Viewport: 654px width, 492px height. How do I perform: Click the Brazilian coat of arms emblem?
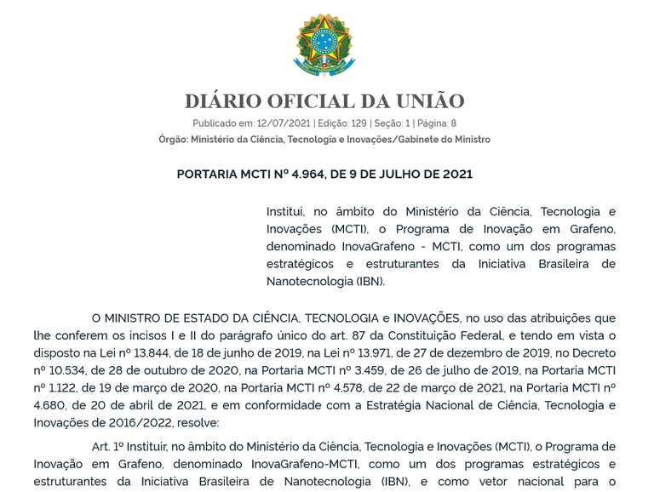324,45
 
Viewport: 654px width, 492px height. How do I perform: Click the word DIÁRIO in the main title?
223,101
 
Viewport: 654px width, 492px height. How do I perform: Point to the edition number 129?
359,123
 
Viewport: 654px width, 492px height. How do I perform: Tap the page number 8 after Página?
453,123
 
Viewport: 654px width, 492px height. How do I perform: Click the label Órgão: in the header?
174,140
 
